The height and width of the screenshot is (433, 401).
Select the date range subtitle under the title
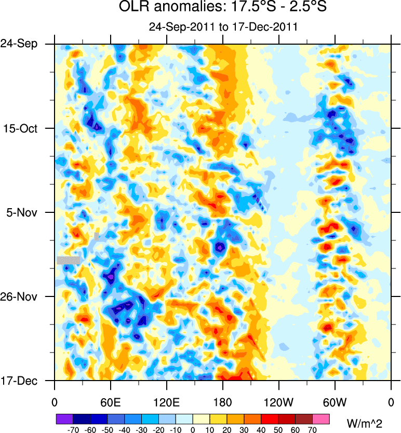(x=223, y=27)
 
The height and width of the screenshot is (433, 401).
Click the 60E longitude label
(x=111, y=402)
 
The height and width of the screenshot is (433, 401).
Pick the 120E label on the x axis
(x=166, y=402)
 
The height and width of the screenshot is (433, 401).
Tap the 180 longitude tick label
(x=223, y=402)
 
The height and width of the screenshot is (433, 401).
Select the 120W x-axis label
(x=278, y=402)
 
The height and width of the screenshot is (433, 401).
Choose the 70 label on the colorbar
(x=313, y=430)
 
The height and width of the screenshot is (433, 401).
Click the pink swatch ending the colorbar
(x=321, y=418)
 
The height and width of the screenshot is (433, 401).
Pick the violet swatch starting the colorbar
(x=64, y=418)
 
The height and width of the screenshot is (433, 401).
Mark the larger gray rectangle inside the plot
(x=69, y=260)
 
